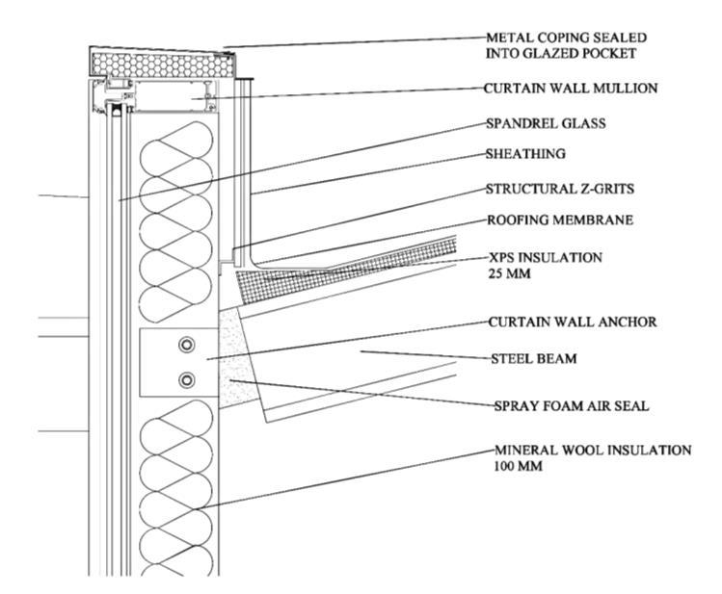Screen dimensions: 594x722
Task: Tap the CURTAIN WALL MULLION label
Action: click(570, 89)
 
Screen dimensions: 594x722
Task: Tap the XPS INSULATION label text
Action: click(548, 257)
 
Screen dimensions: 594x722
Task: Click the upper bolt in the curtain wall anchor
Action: click(186, 345)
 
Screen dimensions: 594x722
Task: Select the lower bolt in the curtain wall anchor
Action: click(186, 379)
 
